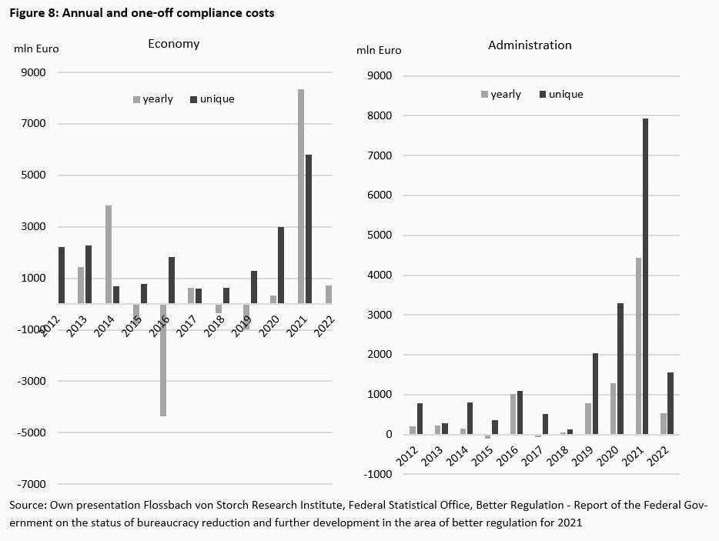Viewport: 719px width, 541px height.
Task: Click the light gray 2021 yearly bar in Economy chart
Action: coord(301,196)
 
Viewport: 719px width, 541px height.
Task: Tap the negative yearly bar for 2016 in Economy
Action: coord(163,359)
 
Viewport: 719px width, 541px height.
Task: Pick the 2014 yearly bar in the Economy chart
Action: coord(109,254)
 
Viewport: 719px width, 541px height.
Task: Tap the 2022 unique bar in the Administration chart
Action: coord(671,403)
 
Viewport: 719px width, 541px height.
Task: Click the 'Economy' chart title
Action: coord(173,44)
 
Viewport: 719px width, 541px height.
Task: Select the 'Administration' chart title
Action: coord(530,45)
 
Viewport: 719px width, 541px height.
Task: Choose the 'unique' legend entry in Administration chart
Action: coord(566,95)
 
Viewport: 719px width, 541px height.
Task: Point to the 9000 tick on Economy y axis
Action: coord(35,72)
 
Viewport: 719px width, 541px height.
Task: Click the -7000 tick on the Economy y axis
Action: coord(32,484)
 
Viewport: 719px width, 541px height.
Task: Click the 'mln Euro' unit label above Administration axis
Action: coord(379,51)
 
